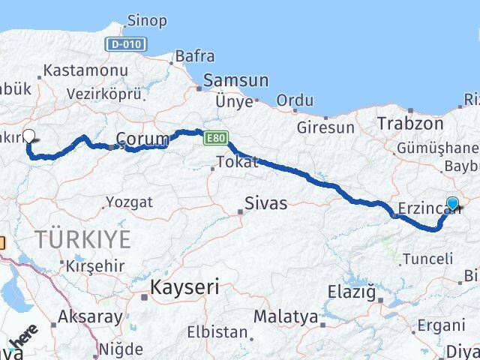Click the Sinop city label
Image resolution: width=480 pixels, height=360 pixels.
pos(147,20)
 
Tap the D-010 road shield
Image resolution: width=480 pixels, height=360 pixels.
pos(124,44)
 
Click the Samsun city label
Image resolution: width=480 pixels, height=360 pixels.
pos(236,81)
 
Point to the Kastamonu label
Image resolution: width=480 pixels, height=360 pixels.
pos(86,70)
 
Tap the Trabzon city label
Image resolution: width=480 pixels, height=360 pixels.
pos(411,123)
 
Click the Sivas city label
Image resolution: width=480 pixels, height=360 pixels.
pos(265,203)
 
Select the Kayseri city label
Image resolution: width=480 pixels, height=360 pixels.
pos(184,286)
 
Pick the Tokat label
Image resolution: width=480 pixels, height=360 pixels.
pos(237,162)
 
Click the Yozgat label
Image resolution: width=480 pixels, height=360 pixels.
pos(129,202)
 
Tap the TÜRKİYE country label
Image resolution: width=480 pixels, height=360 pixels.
pos(82,240)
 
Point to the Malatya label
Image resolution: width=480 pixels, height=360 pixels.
pos(285,316)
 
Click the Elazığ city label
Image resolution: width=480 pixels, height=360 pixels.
pos(351,292)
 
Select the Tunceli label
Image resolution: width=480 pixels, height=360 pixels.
pos(428,259)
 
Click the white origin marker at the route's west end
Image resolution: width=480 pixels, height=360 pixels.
pos(29,136)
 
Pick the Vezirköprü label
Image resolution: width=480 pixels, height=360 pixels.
pos(103,94)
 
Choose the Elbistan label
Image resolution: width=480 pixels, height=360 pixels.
pos(217,331)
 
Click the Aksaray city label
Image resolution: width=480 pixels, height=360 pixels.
pos(90,316)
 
